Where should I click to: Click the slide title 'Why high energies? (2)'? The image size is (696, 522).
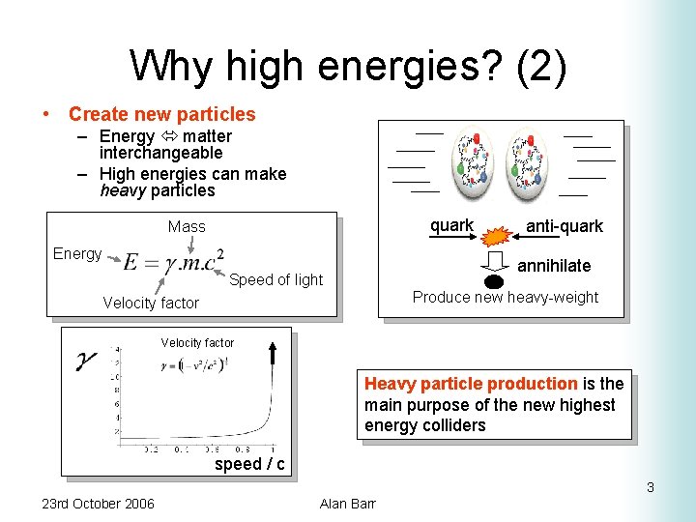click(348, 66)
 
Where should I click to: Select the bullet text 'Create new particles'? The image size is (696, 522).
click(161, 114)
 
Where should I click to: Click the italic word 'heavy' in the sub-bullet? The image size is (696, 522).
click(121, 190)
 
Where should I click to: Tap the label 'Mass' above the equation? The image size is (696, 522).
click(187, 226)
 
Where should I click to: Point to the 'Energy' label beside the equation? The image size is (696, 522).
click(77, 253)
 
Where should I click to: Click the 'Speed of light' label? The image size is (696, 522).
click(275, 279)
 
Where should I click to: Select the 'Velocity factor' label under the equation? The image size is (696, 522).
click(151, 303)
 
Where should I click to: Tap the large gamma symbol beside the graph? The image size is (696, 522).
click(87, 362)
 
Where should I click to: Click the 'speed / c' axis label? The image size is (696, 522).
click(249, 464)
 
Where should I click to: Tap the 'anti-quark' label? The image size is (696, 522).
click(564, 226)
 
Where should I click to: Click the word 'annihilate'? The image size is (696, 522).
click(554, 265)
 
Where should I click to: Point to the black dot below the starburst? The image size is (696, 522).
click(494, 282)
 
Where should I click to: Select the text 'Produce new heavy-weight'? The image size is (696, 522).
click(506, 297)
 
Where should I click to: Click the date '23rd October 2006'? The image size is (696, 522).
click(98, 503)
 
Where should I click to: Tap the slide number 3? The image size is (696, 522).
click(651, 487)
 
